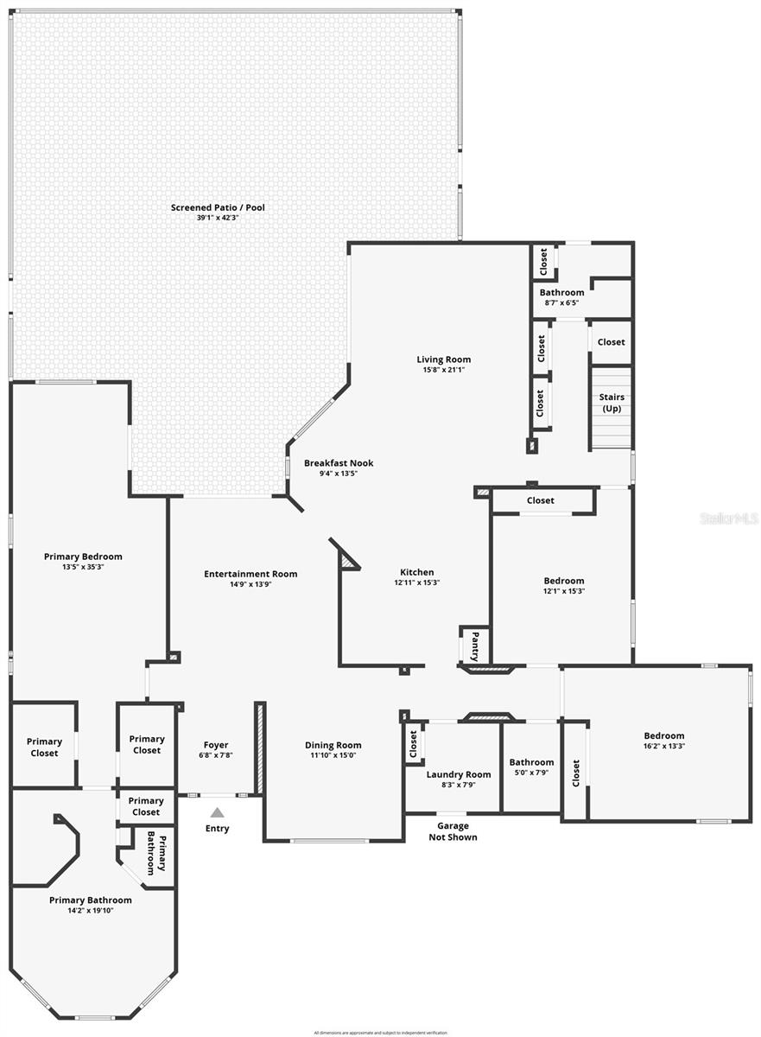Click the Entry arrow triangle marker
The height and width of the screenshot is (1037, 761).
click(218, 812)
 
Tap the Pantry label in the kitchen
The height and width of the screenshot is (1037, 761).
click(474, 645)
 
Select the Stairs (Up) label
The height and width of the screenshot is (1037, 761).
click(612, 403)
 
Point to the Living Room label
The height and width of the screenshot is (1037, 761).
click(444, 359)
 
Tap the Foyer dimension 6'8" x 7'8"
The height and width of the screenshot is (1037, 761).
click(216, 755)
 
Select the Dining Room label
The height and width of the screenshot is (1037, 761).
click(333, 745)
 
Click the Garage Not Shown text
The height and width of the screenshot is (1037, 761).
click(453, 831)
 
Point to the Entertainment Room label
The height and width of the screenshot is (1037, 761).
click(250, 574)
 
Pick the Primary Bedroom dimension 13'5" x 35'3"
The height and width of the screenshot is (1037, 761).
click(83, 567)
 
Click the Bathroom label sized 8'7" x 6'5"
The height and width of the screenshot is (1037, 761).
click(561, 292)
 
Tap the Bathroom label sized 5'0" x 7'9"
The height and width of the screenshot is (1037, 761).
click(531, 762)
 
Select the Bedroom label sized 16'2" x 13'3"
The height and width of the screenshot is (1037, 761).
click(663, 735)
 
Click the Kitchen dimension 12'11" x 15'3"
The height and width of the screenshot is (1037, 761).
click(416, 582)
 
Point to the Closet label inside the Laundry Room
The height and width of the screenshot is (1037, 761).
click(413, 742)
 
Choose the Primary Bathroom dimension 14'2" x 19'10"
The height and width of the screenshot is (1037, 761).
click(91, 910)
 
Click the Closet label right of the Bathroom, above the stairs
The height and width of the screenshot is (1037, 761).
click(611, 342)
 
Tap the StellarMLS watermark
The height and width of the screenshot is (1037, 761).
click(728, 519)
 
